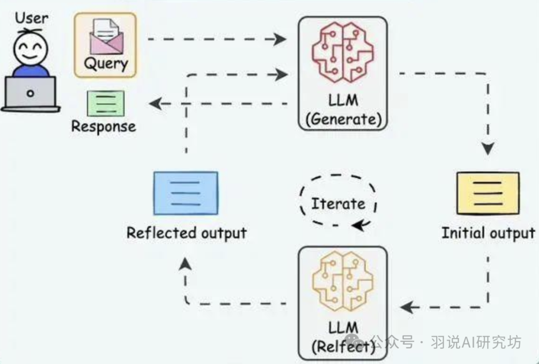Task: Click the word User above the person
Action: (x=31, y=19)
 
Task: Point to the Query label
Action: (x=105, y=64)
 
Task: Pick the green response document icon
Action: (x=105, y=103)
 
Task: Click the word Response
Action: (x=103, y=126)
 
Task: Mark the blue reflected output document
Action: (x=186, y=192)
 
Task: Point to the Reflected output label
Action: (x=187, y=233)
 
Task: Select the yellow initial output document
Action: (x=488, y=193)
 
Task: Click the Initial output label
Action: (x=488, y=233)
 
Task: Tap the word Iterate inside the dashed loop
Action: (x=338, y=204)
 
